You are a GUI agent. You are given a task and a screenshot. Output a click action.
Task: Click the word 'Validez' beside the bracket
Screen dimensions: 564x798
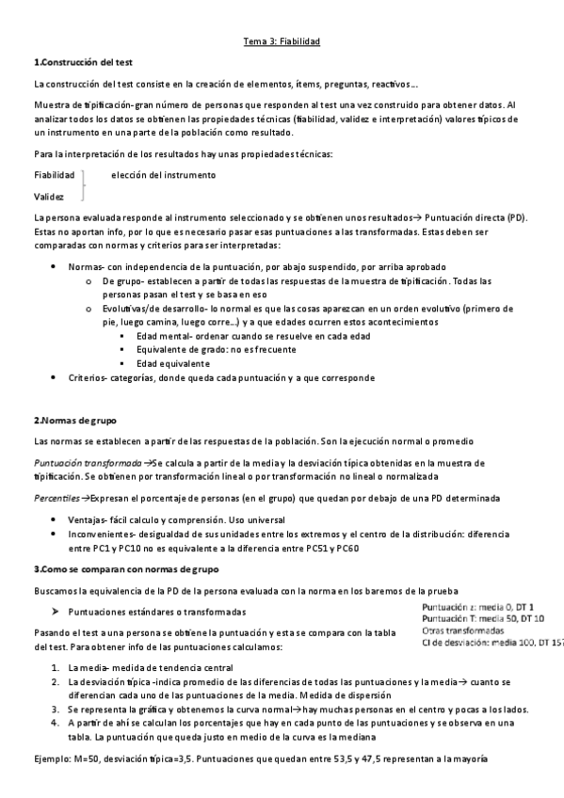(x=49, y=197)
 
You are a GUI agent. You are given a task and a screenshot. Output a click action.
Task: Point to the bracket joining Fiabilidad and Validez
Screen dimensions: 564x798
(x=84, y=185)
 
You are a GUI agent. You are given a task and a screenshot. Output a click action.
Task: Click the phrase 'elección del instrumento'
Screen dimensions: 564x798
(x=163, y=175)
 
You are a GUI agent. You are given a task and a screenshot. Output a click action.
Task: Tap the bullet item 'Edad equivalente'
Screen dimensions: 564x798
(x=172, y=363)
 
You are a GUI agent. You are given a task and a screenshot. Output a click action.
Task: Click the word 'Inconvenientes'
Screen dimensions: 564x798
(x=103, y=534)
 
